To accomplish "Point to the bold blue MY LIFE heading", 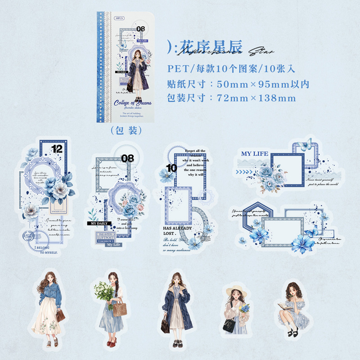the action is click(x=255, y=154).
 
